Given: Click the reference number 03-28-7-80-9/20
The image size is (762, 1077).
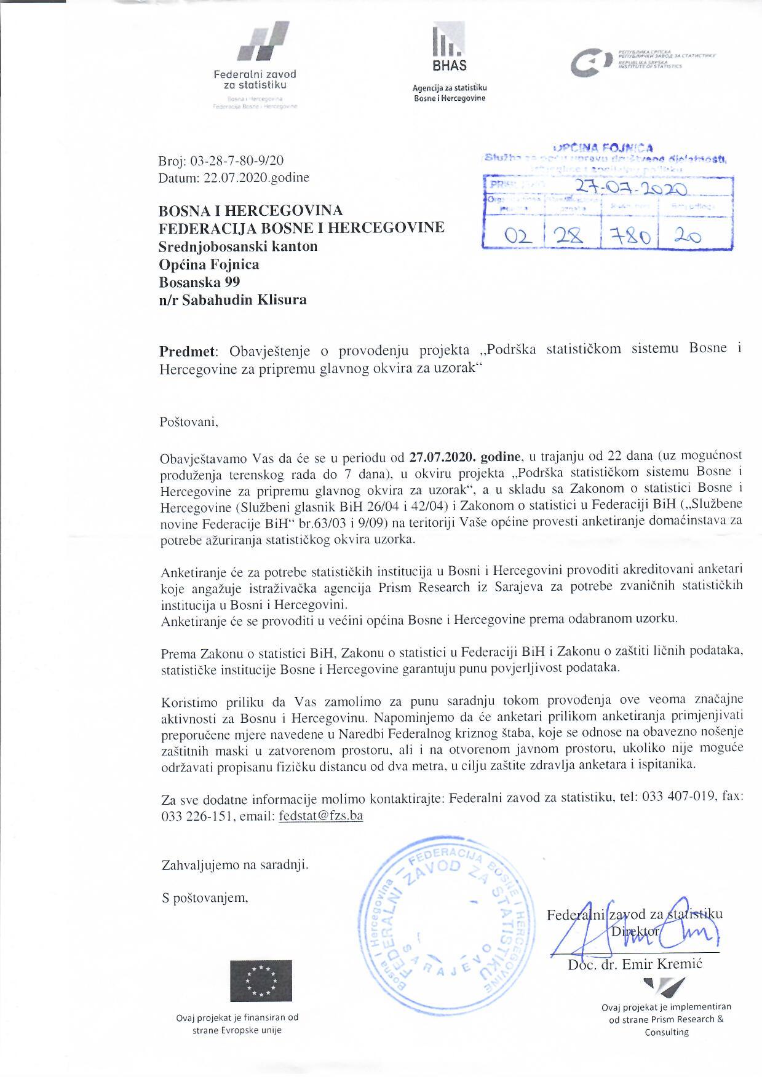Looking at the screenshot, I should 237,162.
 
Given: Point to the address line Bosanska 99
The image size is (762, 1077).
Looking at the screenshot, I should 199,282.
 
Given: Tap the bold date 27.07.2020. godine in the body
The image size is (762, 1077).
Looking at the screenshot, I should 465,457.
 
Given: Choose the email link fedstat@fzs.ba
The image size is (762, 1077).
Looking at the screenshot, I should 320,816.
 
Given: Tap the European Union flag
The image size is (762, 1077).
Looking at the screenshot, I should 261,981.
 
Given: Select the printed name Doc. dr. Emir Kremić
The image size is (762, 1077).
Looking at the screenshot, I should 634,964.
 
